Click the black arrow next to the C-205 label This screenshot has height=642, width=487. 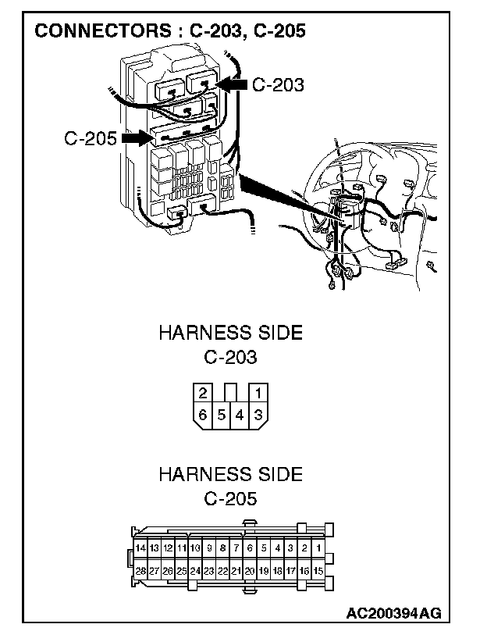tap(137, 138)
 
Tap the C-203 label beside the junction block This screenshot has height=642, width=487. tap(278, 85)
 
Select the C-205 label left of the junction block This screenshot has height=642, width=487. tap(91, 138)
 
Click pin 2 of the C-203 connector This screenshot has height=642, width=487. tap(203, 394)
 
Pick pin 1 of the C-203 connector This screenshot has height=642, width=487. tap(258, 394)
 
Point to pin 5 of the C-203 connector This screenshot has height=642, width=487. tap(222, 416)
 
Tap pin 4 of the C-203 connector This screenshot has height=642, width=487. tap(240, 416)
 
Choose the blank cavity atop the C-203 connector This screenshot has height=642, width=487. tap(231, 392)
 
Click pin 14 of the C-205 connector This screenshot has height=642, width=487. tap(140, 547)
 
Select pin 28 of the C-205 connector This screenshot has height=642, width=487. tap(140, 570)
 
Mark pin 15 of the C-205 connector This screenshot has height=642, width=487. tap(318, 570)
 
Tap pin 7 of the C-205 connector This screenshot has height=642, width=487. tap(236, 547)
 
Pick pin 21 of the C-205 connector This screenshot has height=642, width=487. tap(236, 570)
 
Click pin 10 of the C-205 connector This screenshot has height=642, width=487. tap(195, 547)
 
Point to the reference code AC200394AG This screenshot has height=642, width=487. tap(393, 613)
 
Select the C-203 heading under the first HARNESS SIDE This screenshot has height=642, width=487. tap(230, 357)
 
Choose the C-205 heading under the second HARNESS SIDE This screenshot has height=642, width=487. tap(230, 499)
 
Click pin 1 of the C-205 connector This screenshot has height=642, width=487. tap(318, 547)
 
